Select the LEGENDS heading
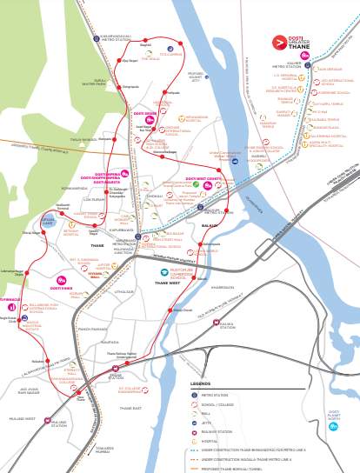(x=201, y=357)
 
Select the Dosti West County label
(x=203, y=179)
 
